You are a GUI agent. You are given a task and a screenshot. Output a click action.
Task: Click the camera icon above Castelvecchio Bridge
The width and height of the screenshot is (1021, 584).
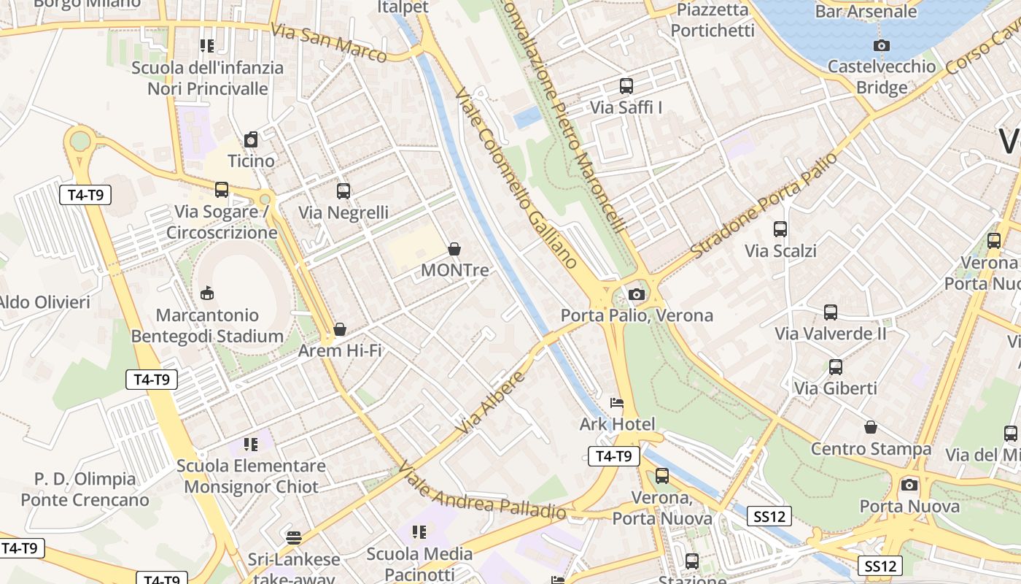point(881,46)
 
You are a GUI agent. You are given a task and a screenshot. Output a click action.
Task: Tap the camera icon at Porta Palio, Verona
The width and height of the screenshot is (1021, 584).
point(636,294)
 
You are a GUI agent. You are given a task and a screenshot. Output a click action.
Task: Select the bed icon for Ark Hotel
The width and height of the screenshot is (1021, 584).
point(617,403)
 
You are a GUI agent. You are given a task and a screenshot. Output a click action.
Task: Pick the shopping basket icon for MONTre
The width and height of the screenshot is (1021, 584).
point(454,249)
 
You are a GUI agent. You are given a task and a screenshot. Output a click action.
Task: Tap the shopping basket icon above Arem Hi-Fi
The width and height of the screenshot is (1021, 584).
point(339,329)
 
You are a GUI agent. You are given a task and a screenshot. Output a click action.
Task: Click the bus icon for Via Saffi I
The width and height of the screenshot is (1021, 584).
point(626,86)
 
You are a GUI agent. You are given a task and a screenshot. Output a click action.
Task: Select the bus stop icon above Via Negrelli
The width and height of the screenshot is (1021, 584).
point(343,191)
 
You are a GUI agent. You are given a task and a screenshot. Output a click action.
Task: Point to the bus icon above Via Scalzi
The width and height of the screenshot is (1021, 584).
point(780,229)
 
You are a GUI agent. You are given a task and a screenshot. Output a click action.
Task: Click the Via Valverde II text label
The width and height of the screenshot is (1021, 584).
point(831,334)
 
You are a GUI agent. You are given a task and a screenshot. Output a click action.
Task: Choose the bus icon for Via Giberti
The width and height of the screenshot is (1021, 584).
point(835,367)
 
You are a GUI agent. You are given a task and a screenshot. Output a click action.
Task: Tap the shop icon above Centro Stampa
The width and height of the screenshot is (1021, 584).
point(870,427)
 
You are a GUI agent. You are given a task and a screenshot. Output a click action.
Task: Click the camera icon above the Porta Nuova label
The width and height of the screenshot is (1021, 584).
point(909,485)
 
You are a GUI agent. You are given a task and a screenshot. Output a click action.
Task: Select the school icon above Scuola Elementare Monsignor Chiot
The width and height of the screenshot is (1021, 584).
point(251,444)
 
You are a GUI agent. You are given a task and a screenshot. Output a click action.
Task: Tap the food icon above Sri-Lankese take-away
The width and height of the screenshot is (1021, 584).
point(294,538)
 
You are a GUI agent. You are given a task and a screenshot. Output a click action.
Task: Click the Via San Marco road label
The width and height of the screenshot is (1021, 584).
point(328,42)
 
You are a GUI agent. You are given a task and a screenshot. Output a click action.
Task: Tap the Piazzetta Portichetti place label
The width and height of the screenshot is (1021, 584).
point(713,20)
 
